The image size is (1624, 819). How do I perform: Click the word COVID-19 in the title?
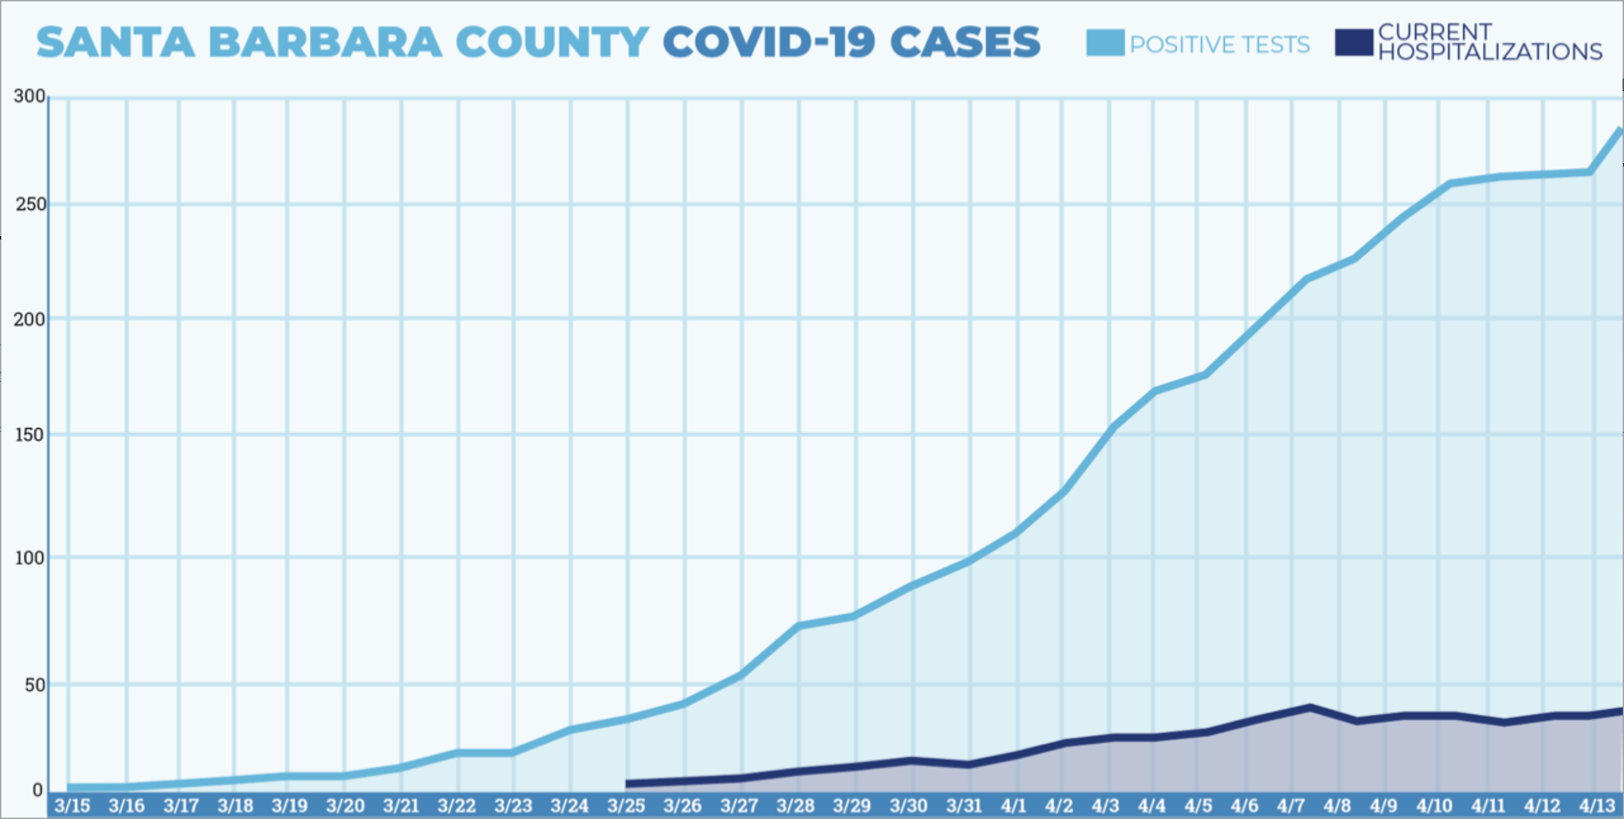769,42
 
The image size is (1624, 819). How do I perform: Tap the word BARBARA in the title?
325,42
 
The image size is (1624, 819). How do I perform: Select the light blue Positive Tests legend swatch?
1105,43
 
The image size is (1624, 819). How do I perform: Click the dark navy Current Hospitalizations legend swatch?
1354,42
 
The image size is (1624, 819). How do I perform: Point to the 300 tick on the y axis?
30,96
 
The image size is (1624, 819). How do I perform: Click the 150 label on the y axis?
30,435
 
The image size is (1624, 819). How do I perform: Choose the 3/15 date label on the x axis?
72,806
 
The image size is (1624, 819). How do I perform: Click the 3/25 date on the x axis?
626,806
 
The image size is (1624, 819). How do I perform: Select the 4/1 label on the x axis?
1014,806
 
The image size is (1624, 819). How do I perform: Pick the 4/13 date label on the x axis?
1597,806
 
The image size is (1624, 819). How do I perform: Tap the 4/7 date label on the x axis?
1291,806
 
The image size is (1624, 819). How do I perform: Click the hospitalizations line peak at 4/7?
1309,707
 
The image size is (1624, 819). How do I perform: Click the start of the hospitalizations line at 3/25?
628,783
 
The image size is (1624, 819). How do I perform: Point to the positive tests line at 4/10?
1451,184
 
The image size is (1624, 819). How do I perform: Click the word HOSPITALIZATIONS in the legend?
1490,52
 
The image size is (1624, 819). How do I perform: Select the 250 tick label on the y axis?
31,205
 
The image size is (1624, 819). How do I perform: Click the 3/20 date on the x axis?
345,806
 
